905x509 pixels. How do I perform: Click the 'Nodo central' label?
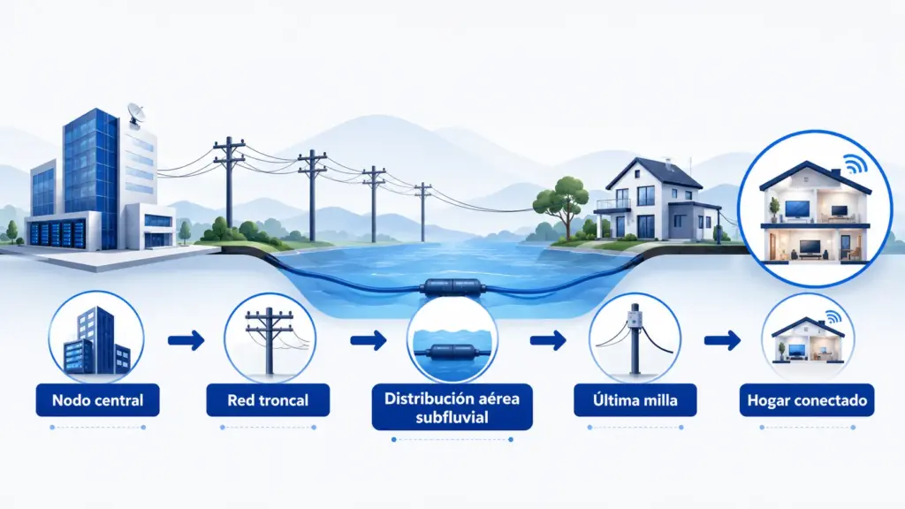pyautogui.click(x=97, y=400)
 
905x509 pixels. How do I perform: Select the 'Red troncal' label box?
pyautogui.click(x=268, y=400)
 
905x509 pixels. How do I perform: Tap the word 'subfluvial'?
pyautogui.click(x=452, y=417)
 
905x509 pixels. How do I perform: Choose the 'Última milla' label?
pyautogui.click(x=635, y=400)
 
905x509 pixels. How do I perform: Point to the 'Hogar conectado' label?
pyautogui.click(x=807, y=400)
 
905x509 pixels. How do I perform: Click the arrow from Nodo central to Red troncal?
pyautogui.click(x=186, y=340)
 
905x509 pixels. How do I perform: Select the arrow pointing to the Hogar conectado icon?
pyautogui.click(x=723, y=340)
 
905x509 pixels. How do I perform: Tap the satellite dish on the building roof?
pyautogui.click(x=137, y=114)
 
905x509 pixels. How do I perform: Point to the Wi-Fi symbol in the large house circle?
pyautogui.click(x=855, y=164)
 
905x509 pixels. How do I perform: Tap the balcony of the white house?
pyautogui.click(x=612, y=205)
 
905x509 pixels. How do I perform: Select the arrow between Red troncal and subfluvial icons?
pyautogui.click(x=369, y=340)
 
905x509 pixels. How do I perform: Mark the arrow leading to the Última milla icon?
pyautogui.click(x=548, y=340)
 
